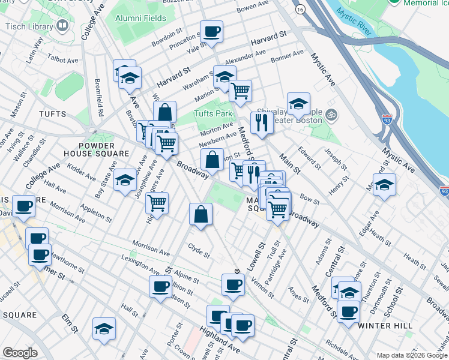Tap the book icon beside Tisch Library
click(62, 26)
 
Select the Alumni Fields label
click(142, 19)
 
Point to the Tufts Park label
click(212, 113)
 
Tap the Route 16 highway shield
click(300, 10)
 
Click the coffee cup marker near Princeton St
click(211, 32)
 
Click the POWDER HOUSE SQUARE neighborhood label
click(97, 149)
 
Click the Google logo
click(20, 353)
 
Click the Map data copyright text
click(412, 355)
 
